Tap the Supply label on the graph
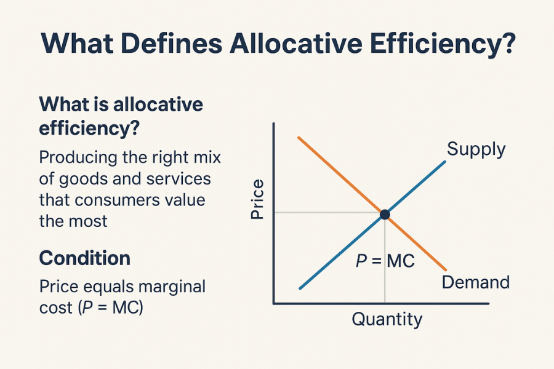pyautogui.click(x=476, y=149)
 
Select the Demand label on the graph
pyautogui.click(x=476, y=282)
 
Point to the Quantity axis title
pyautogui.click(x=387, y=320)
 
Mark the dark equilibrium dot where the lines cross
pyautogui.click(x=385, y=214)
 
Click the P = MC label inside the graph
pyautogui.click(x=385, y=261)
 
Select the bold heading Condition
pyautogui.click(x=84, y=258)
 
